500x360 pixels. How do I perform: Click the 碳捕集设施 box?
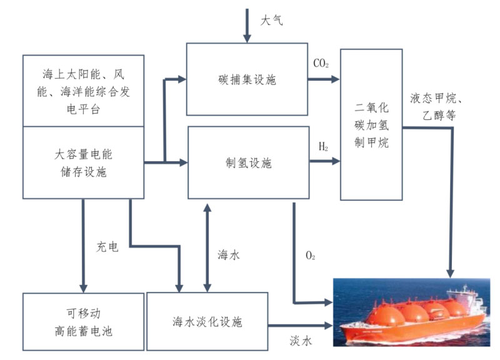coord(247,79)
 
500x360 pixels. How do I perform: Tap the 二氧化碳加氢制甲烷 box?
coord(371,124)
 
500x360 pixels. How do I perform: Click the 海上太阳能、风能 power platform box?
coord(83,91)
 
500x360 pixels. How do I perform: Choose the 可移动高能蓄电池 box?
coord(82,321)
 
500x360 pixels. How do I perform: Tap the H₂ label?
coord(323,147)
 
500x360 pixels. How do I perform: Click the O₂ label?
coord(310,256)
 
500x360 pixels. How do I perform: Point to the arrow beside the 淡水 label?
coord(299,325)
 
